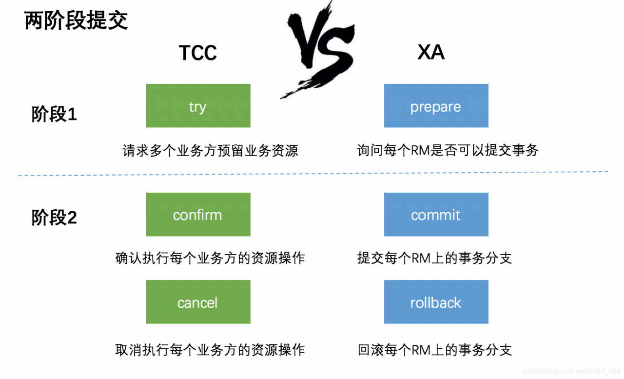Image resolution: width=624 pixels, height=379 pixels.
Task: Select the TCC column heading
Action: [197, 53]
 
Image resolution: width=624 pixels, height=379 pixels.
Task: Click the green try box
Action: [198, 106]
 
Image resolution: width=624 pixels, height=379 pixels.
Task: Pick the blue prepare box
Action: [436, 106]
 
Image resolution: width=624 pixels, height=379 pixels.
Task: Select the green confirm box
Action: [198, 215]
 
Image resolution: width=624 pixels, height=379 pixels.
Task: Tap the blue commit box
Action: [436, 215]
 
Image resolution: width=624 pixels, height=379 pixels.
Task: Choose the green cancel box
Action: [198, 302]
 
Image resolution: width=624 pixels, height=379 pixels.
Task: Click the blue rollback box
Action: [436, 302]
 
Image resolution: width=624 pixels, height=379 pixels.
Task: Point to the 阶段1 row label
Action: [54, 115]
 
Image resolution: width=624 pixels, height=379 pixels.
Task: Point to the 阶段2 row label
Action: [54, 218]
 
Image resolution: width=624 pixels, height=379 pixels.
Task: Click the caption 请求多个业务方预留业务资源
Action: [210, 151]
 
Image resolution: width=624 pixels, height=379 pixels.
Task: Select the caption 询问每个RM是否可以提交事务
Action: [448, 150]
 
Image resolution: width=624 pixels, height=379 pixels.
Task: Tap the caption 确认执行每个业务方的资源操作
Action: [210, 258]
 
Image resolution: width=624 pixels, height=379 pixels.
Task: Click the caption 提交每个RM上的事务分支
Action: [434, 258]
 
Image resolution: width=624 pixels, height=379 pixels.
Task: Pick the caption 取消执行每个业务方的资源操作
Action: [210, 350]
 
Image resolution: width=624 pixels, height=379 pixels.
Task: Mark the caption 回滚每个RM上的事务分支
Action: [434, 350]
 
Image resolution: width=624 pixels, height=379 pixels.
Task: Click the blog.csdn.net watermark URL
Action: [571, 371]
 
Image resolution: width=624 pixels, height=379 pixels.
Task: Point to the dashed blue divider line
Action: [312, 174]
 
